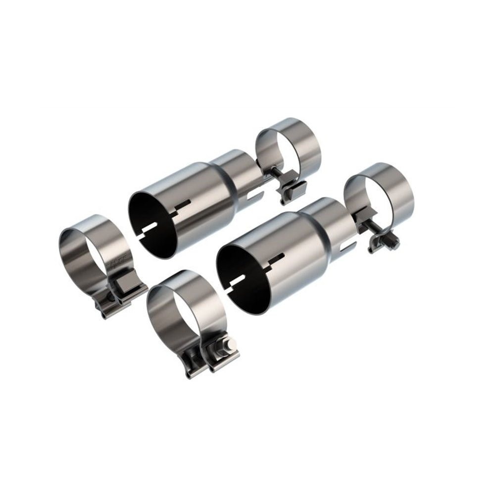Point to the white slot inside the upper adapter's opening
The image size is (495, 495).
(x=148, y=229)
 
